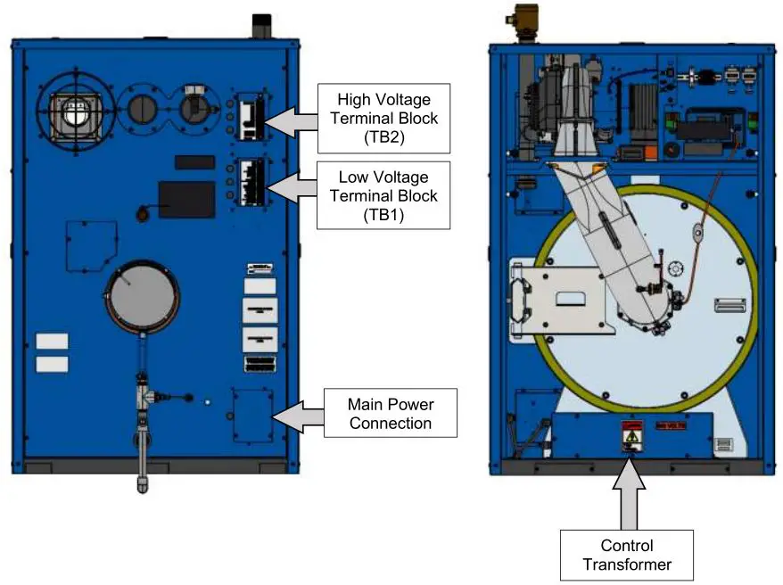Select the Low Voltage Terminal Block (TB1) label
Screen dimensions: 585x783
383,195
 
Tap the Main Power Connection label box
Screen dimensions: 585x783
390,413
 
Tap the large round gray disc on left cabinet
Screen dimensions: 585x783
142,294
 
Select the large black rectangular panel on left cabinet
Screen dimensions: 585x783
186,200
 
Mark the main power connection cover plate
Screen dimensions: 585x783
251,415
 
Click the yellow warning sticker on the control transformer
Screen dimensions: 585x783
632,437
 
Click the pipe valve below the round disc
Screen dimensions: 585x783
144,392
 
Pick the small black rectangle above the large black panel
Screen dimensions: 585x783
194,162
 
